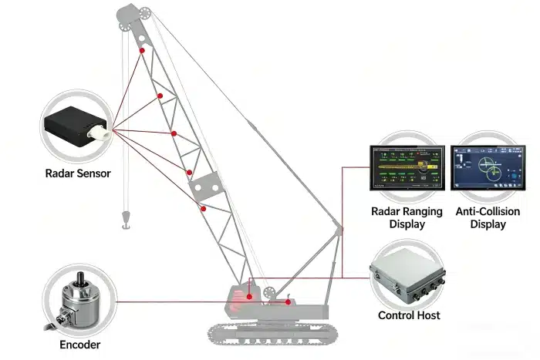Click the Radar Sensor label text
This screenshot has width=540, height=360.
[x=77, y=173]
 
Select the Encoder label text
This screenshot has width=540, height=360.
[x=80, y=345]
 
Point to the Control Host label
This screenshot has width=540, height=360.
[x=409, y=315]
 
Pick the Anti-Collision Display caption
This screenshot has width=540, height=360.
[x=488, y=218]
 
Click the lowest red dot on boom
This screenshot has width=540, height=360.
[x=203, y=208]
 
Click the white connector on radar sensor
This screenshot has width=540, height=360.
[x=100, y=132]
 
